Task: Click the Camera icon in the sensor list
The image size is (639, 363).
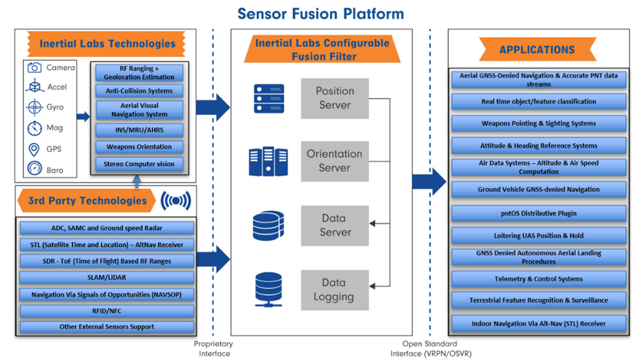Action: click(x=34, y=68)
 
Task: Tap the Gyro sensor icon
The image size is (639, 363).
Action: click(x=34, y=107)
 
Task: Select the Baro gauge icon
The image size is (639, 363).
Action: click(x=34, y=169)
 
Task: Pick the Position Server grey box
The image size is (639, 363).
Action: click(x=335, y=98)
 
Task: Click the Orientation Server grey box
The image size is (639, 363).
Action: click(x=335, y=161)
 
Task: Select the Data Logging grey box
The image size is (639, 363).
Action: click(x=335, y=290)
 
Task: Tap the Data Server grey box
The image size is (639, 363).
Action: click(x=335, y=225)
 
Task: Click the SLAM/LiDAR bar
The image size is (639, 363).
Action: click(x=107, y=277)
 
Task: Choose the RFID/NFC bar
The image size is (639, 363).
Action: click(x=107, y=311)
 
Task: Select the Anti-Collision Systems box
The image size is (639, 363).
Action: click(x=139, y=91)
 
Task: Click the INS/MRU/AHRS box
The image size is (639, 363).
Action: click(x=139, y=130)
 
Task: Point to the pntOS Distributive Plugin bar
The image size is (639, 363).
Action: click(x=538, y=213)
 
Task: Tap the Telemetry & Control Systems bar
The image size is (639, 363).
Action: click(x=538, y=279)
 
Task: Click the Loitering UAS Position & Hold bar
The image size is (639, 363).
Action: click(x=538, y=236)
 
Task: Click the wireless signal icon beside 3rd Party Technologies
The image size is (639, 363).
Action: click(x=176, y=201)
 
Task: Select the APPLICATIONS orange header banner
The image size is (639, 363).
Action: click(x=537, y=49)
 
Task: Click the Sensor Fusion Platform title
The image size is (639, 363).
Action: click(x=320, y=13)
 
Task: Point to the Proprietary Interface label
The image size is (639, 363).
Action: click(x=213, y=349)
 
